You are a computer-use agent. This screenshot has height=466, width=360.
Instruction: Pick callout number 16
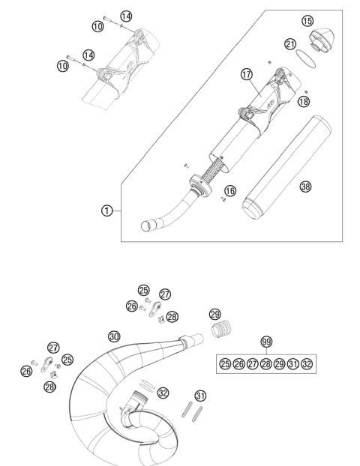(230, 191)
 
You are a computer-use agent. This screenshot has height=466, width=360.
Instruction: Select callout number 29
(214, 314)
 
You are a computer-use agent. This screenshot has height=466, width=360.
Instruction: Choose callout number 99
(265, 342)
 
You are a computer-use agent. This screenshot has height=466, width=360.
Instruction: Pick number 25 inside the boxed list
(225, 364)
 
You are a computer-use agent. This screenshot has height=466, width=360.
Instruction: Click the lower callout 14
(88, 55)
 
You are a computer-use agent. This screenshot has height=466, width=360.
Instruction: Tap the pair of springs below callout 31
(191, 414)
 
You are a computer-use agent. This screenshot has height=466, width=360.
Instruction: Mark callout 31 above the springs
(199, 396)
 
